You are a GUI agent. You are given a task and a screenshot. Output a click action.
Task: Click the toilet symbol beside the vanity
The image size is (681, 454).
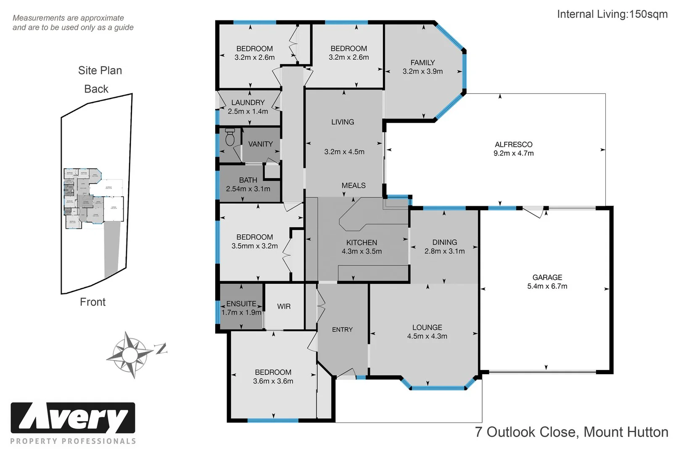[x=230, y=137]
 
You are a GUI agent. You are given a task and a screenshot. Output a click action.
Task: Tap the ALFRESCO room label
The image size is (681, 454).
[x=513, y=144]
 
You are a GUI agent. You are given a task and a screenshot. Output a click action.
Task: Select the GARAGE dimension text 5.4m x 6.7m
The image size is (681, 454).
[x=547, y=286]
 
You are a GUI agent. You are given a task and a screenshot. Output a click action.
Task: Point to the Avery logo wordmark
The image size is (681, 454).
[x=73, y=418]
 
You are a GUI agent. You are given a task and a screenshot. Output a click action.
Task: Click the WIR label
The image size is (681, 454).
[x=284, y=306]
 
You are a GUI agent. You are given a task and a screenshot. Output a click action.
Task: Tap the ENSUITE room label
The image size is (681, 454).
[x=241, y=304]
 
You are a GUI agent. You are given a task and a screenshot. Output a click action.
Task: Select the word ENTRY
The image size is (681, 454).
[x=342, y=330]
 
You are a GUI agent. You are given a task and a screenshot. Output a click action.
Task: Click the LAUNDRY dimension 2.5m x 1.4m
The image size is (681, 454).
[x=248, y=111]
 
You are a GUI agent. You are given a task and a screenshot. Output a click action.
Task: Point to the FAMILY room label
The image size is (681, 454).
[x=422, y=62]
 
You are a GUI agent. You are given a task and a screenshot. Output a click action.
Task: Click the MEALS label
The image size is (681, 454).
[x=353, y=185]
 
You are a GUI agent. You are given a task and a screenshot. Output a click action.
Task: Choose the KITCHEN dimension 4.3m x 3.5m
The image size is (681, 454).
[x=362, y=251]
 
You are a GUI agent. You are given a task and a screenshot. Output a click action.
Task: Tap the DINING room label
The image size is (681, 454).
[x=444, y=242]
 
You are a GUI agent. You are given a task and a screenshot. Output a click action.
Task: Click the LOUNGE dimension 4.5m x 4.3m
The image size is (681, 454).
[x=427, y=336]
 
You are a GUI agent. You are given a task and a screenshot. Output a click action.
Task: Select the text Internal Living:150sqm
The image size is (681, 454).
[x=612, y=14]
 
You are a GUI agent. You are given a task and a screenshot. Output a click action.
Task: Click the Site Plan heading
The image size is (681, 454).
[x=100, y=70]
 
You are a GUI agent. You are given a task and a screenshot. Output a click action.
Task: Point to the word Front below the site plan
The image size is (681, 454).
[x=92, y=302]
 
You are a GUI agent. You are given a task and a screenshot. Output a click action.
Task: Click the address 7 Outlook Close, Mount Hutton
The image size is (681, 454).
[x=571, y=432]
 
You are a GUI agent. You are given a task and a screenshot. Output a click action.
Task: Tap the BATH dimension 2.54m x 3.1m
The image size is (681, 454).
[x=248, y=189]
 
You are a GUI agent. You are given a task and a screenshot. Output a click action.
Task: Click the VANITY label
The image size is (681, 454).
[x=260, y=144]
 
